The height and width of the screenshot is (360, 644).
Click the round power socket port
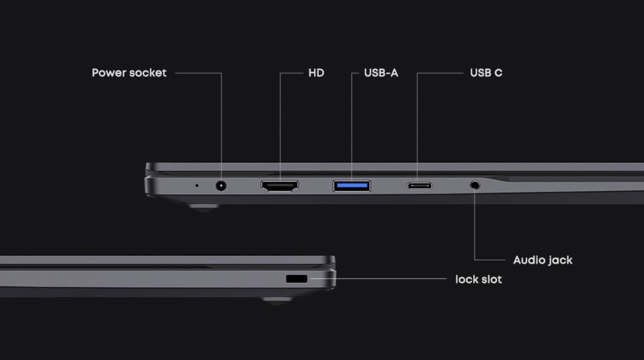pos(221,186)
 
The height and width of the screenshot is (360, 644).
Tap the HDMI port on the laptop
pos(280,186)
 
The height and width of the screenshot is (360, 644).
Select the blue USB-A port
pos(352,186)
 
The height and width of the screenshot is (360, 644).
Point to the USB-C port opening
pos(420,186)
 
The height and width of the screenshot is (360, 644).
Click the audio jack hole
pos(475,185)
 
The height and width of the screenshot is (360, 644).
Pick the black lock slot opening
pos(297,279)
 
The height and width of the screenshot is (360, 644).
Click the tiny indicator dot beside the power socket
pos(197,186)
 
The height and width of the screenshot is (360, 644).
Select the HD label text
pos(316,73)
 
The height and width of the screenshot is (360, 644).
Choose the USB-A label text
pos(381,73)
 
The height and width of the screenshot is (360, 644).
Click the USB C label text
pos(486,73)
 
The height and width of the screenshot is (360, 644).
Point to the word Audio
pos(528,260)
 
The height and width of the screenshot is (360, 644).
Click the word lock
pos(465,279)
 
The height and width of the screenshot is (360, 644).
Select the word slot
pos(491,279)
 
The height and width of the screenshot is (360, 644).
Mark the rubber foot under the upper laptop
pos(203,206)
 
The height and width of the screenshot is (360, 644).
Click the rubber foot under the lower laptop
pos(277,300)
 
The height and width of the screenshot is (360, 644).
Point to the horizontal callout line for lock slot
pos(378,279)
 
